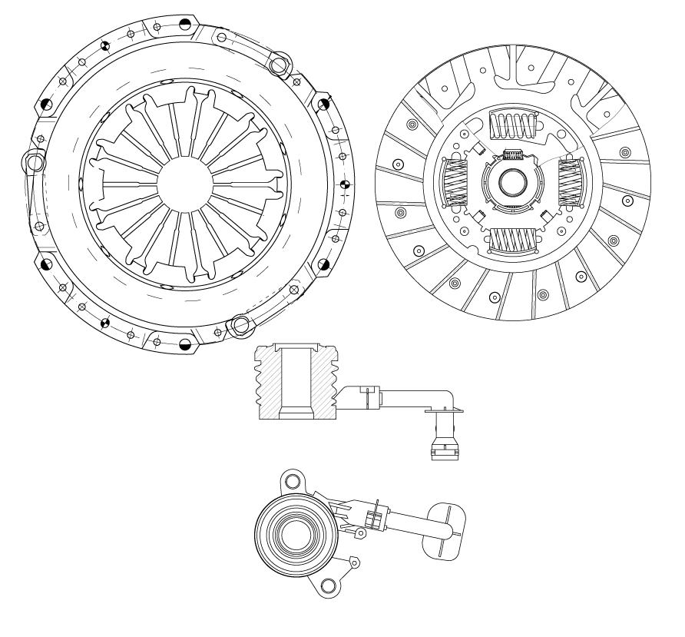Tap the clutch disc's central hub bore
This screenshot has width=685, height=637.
511,182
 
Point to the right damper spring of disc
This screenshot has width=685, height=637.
570,184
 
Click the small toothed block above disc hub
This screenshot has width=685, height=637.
511,154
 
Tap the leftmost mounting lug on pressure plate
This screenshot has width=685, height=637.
34,162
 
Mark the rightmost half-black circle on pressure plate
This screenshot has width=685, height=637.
345,184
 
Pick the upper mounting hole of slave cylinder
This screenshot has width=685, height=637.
292,481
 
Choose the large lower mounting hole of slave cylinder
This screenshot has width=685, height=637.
328,586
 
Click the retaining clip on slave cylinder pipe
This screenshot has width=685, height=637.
374,517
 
